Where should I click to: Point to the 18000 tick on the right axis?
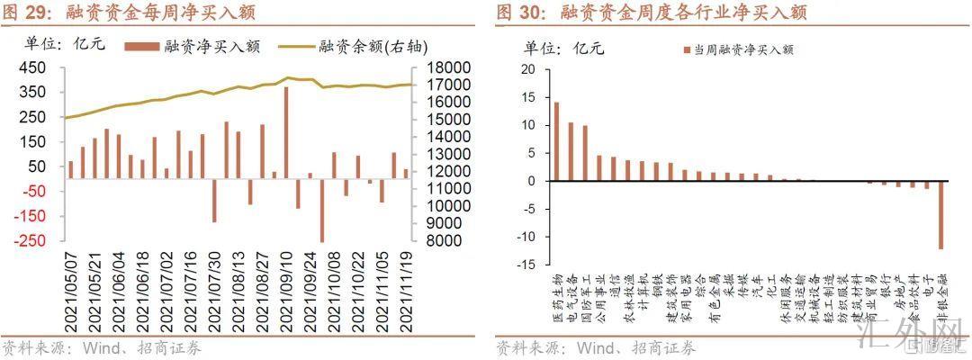(439, 68)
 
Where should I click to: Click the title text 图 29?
(23, 13)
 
